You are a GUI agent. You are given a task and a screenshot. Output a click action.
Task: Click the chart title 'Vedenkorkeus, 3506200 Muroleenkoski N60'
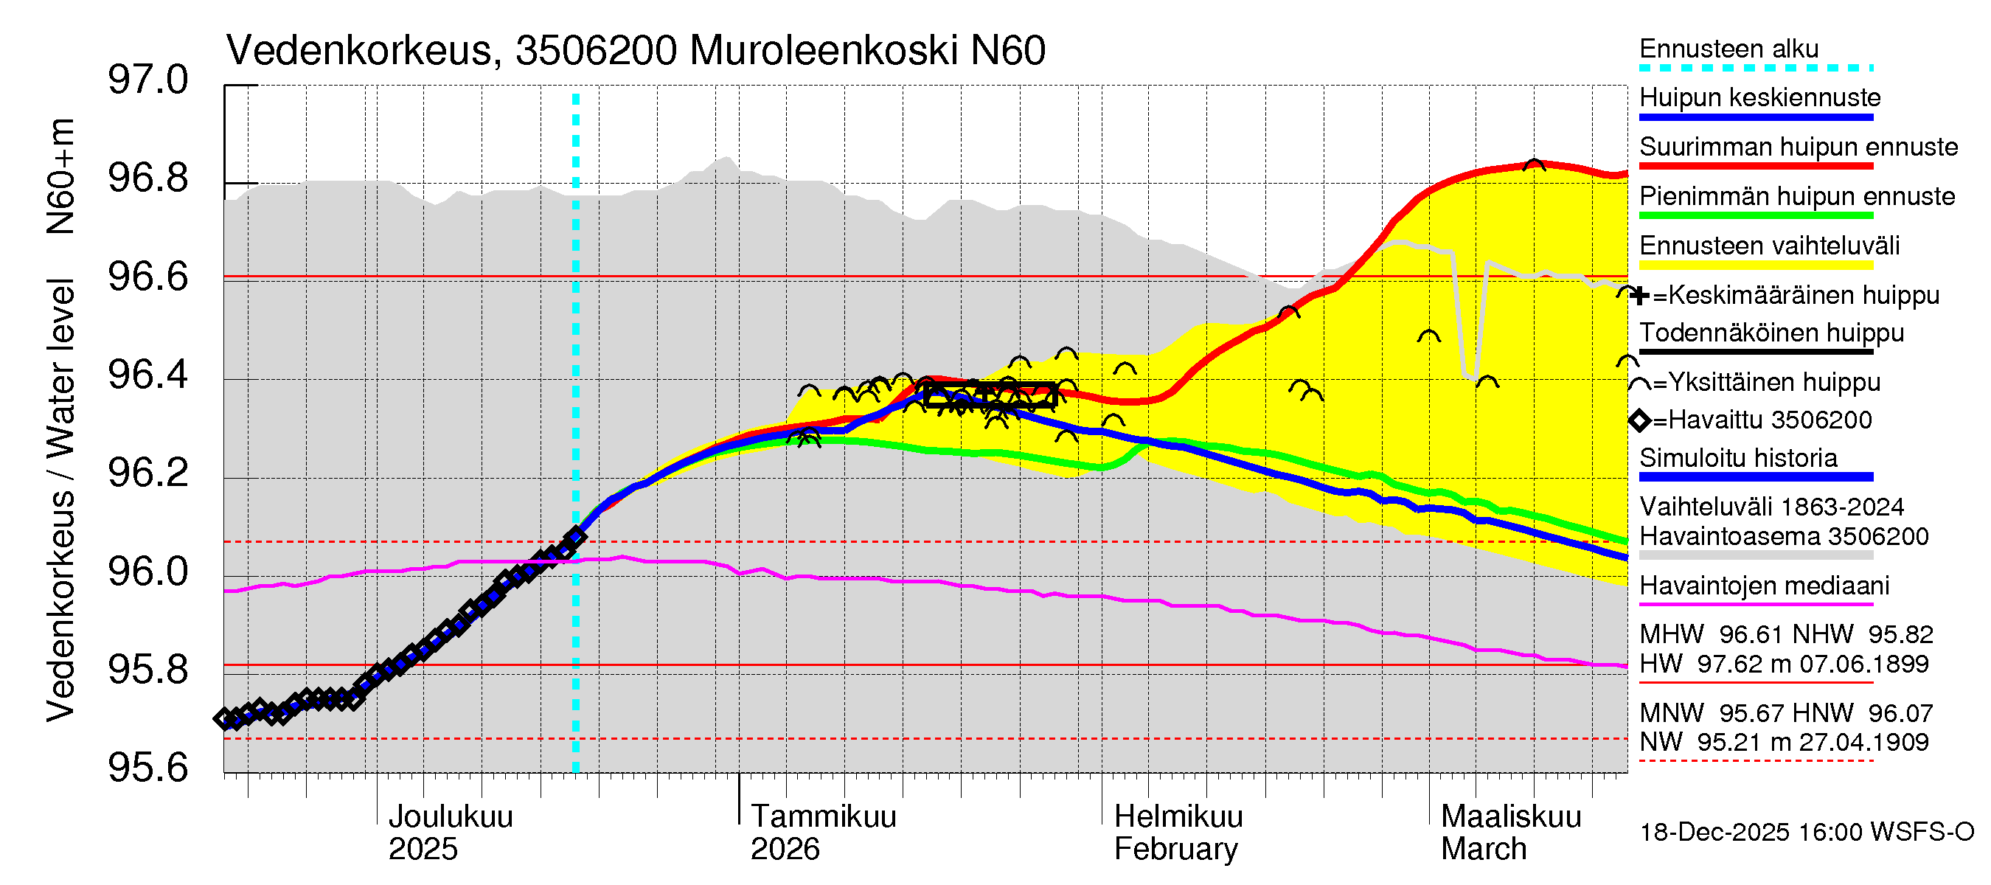point(636,51)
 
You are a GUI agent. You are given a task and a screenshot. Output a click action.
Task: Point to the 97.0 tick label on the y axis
point(147,80)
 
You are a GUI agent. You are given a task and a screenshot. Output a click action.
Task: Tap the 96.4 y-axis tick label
point(147,375)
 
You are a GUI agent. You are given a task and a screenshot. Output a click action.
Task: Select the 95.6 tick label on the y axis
point(147,768)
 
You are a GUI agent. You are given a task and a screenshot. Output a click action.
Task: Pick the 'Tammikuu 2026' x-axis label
point(822,833)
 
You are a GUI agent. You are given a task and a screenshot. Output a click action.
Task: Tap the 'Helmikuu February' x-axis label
point(1178,833)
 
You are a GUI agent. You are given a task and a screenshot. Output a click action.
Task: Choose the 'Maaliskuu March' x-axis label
point(1510,833)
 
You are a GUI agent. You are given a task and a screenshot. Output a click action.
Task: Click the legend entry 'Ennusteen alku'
point(1729,49)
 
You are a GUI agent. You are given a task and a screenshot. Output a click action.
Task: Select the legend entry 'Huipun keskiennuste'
point(1760,98)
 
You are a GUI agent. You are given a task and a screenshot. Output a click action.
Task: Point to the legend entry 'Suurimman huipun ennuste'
point(1799,147)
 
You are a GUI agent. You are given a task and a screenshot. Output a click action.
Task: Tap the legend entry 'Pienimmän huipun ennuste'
point(1797,196)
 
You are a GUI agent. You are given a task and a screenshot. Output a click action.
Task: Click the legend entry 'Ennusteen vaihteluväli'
point(1769,246)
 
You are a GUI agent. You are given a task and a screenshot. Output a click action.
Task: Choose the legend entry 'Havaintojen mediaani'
point(1764,586)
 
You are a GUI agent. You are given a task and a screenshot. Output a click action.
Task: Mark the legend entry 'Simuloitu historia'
point(1738,457)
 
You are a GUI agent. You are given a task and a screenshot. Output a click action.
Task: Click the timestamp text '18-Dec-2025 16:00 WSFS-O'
point(1806,832)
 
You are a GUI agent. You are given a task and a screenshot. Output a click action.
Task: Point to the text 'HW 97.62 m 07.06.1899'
point(1784,664)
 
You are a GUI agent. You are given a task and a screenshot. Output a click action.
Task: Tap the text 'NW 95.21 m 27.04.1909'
point(1784,743)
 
